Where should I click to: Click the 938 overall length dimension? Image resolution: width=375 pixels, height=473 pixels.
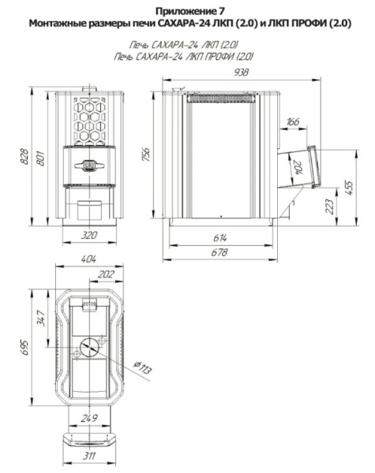click(241, 73)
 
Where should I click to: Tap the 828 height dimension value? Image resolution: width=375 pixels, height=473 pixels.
click(24, 157)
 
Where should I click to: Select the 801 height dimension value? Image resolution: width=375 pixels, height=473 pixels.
click(40, 158)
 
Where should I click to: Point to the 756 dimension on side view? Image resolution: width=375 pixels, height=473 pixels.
click(145, 155)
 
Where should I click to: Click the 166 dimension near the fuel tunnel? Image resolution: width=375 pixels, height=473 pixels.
click(293, 122)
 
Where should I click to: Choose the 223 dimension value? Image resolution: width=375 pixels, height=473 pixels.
click(330, 207)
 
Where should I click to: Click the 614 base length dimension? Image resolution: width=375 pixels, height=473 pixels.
click(219, 238)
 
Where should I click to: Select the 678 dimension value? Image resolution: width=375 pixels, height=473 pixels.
click(219, 252)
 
